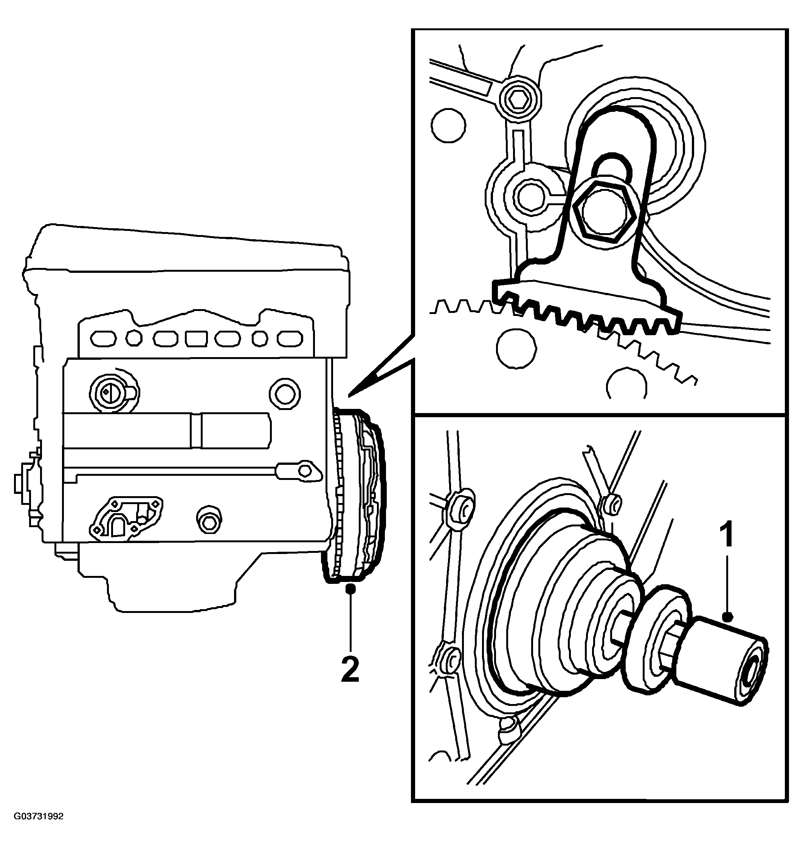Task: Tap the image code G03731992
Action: (39, 828)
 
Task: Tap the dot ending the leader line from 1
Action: (728, 616)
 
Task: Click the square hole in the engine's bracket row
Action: (197, 339)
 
